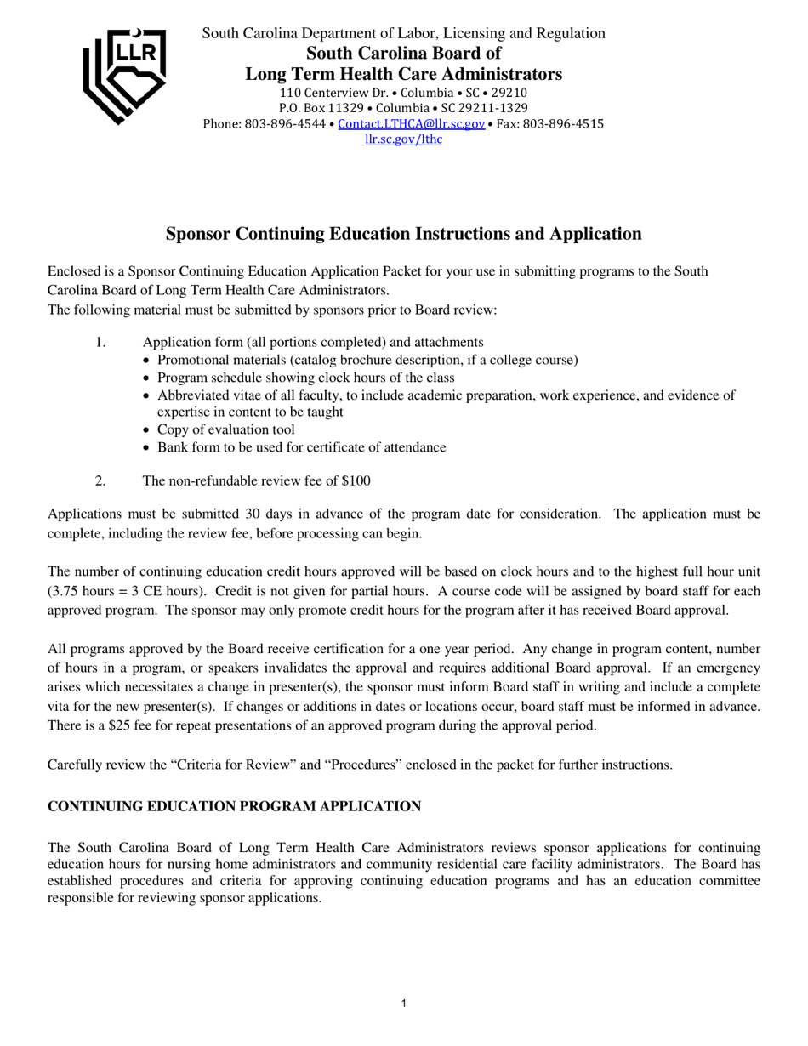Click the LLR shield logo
124,75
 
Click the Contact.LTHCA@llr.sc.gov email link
411,123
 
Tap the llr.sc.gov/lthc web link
403,139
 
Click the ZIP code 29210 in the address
509,92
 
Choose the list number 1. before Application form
100,342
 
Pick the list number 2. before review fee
100,480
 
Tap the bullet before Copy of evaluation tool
148,430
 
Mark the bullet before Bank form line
148,448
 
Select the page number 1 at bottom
403,1004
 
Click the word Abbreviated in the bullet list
191,395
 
